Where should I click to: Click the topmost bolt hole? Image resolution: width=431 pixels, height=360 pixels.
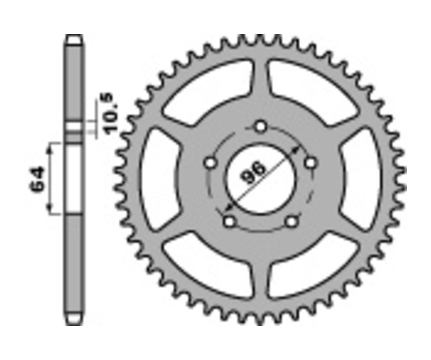261,127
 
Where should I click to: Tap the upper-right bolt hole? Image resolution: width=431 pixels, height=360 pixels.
311,163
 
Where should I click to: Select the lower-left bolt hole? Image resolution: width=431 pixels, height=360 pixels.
229,222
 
